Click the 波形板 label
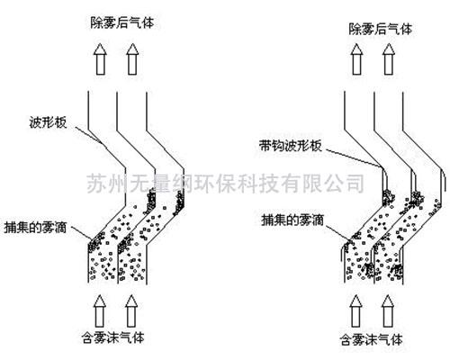pos(48,122)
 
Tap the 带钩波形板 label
pos(290,146)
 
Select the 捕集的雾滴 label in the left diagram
pos(35,228)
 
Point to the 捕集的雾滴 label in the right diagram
pos(292,220)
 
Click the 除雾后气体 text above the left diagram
pos(122,22)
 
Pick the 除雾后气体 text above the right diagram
pos(381,30)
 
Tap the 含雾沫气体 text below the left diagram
pos(113,337)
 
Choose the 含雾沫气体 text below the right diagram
pos(371,340)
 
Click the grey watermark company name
pos(226,183)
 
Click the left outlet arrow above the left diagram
pos(100,59)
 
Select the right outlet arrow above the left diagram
pos(132,59)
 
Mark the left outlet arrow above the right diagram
pos(356,59)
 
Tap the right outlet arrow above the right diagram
pos(389,59)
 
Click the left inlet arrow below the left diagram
pos(99,311)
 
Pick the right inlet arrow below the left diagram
pos(131,311)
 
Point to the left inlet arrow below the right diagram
pos(355,311)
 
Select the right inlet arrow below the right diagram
pos(387,311)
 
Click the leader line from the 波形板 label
pos(89,135)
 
